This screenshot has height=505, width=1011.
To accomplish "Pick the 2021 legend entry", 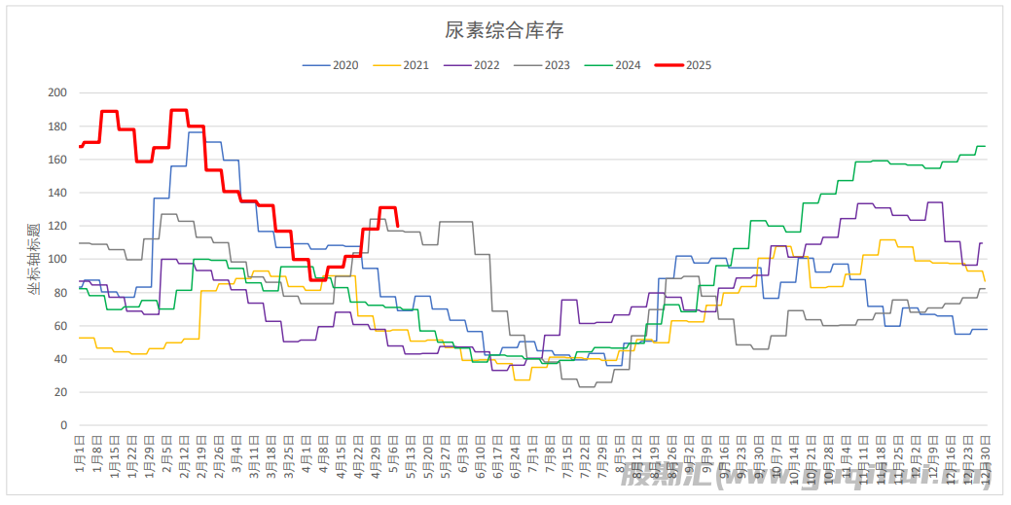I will click(415, 66).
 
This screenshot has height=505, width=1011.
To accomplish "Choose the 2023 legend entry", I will click(557, 66).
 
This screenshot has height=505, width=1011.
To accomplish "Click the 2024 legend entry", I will click(628, 66).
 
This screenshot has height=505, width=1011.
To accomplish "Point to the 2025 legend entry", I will click(699, 66).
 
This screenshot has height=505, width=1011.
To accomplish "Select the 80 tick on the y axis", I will click(60, 293).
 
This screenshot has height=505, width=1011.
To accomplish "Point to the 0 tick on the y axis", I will click(63, 425).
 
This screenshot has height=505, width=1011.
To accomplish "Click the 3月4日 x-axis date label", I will click(238, 453).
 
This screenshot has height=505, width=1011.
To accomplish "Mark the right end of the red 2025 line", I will click(397, 226).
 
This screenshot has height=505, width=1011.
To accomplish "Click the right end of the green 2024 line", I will click(985, 146).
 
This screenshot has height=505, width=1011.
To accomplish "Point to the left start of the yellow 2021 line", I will click(80, 338).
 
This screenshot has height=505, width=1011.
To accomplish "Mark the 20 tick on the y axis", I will click(60, 392).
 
